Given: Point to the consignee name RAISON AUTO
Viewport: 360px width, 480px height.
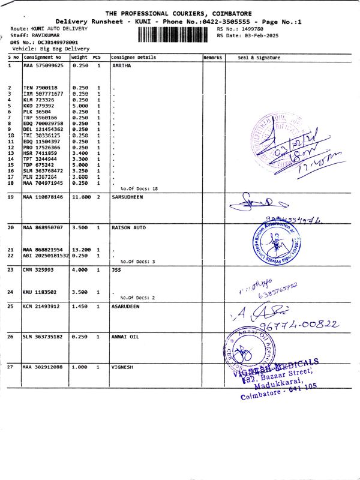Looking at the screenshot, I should [130, 228].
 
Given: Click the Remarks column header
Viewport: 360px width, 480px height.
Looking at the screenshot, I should [213, 58].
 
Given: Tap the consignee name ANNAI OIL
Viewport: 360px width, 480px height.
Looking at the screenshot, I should [125, 337].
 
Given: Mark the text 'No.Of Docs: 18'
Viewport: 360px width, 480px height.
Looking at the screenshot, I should [139, 188].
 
